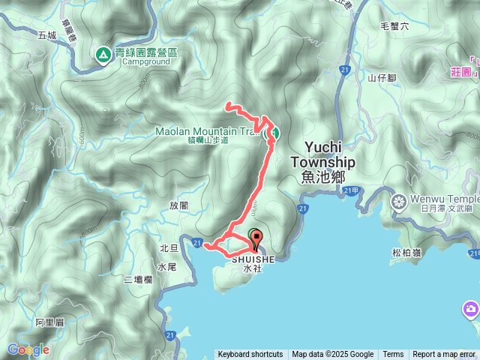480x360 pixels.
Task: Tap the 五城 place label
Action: (46, 35)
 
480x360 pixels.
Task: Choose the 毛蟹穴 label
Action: (394, 26)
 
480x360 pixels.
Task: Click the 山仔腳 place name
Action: (382, 76)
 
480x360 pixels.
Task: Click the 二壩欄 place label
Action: (138, 280)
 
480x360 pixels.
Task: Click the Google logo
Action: (28, 349)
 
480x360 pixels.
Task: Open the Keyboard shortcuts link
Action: (250, 355)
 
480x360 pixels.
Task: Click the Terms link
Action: (393, 355)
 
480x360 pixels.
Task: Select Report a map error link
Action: (445, 355)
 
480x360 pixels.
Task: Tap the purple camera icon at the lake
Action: (471, 309)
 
